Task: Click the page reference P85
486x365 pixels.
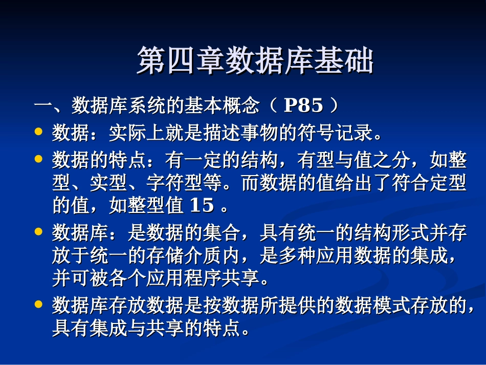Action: click(303, 106)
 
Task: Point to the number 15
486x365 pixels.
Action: click(202, 206)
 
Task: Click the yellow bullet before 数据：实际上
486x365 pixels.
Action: click(38, 132)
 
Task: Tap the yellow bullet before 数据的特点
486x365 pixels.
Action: click(38, 159)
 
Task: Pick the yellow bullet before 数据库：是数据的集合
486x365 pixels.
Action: click(38, 231)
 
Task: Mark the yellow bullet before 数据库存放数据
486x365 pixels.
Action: click(38, 304)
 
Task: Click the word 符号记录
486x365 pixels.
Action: click(336, 134)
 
